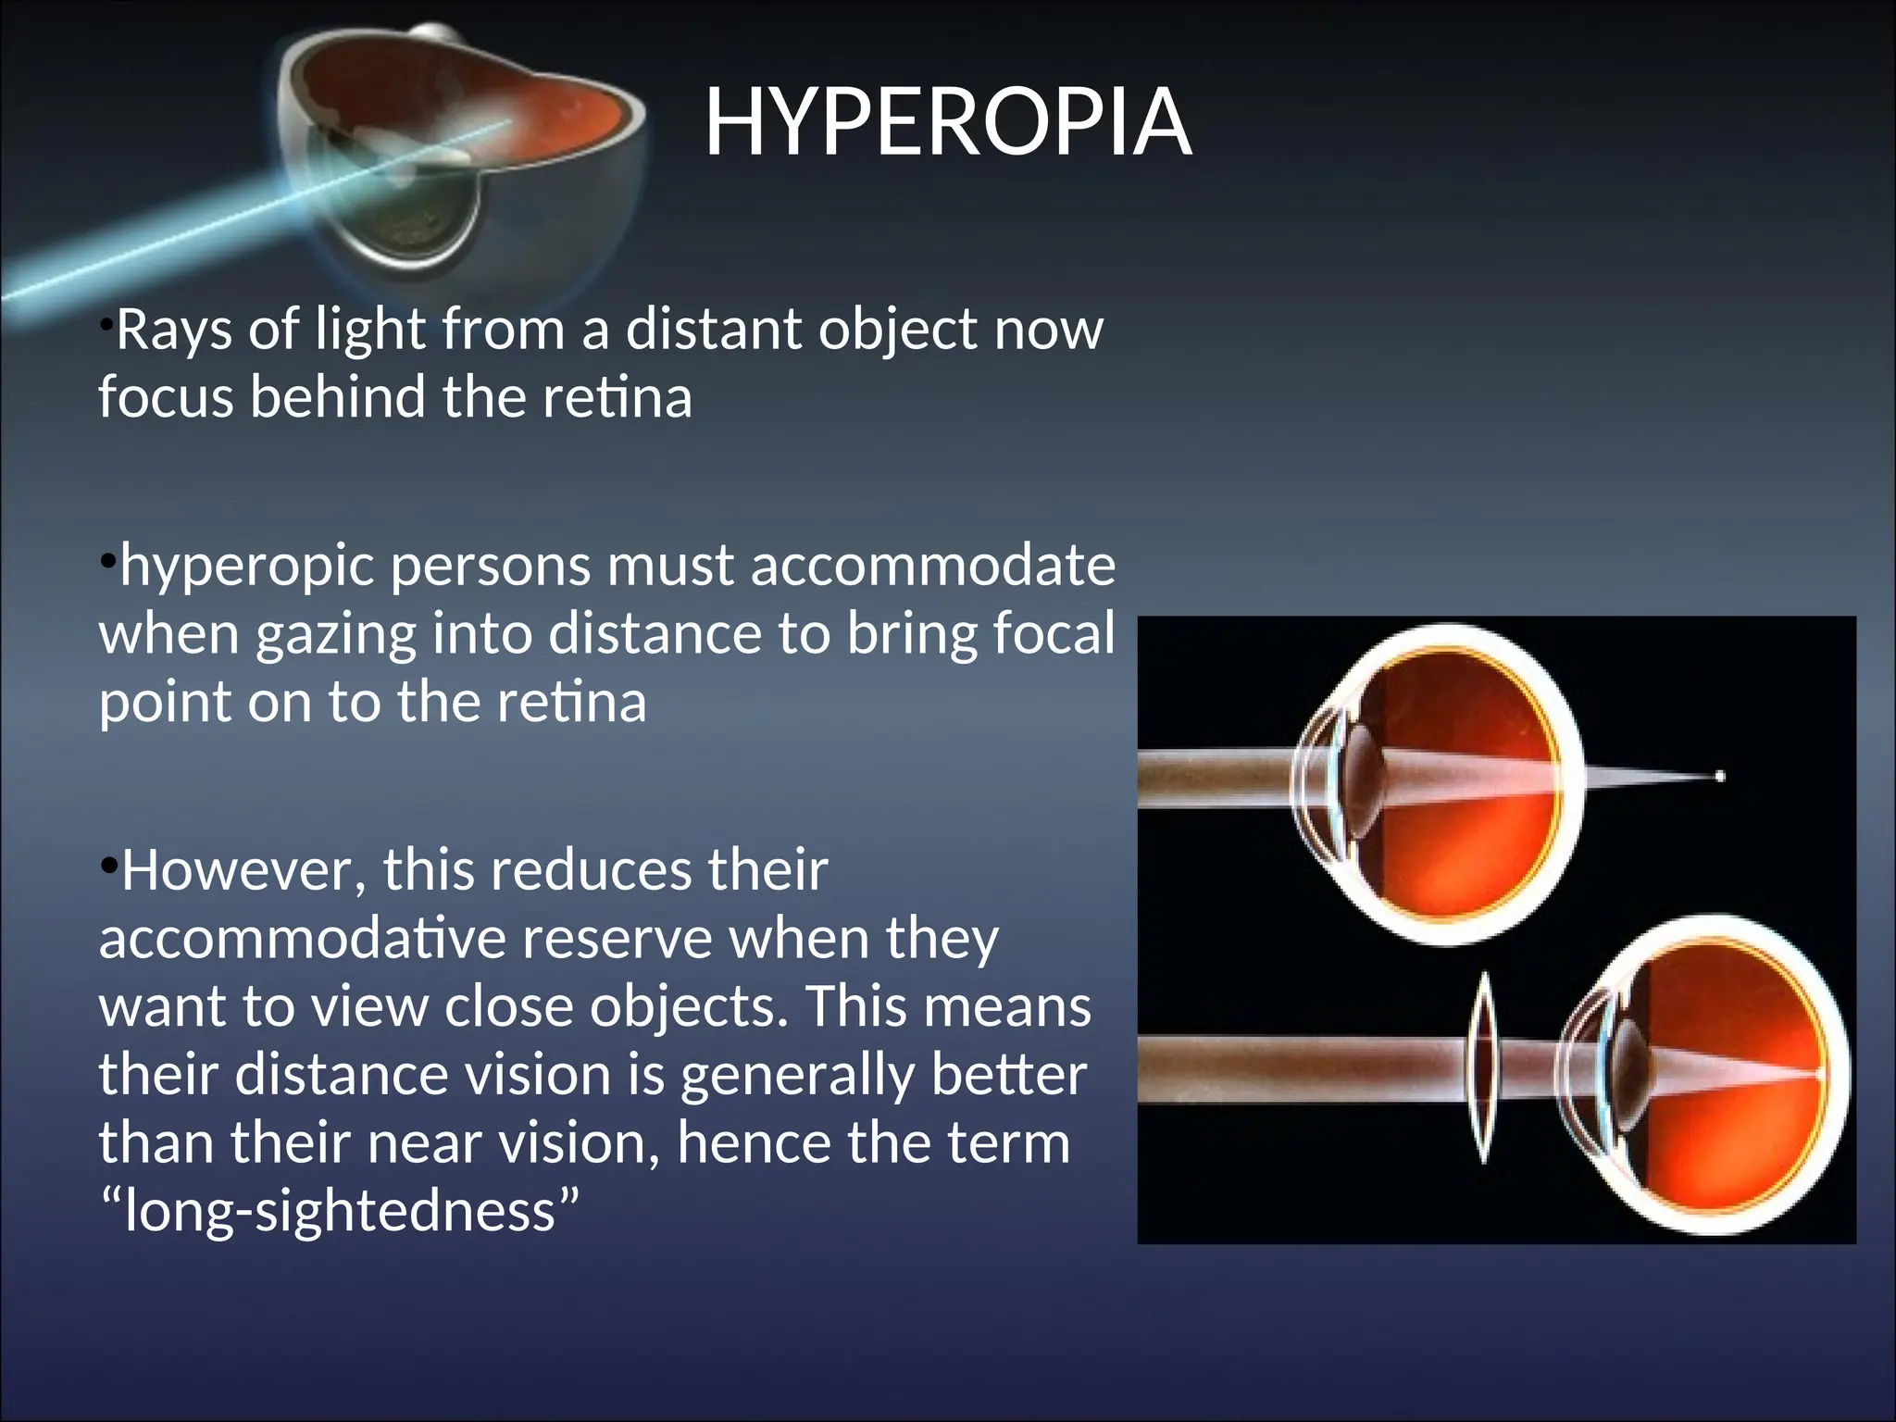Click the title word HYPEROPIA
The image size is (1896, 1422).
click(x=947, y=122)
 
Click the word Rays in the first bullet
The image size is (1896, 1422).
click(x=173, y=330)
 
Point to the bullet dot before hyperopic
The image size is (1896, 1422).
click(x=107, y=561)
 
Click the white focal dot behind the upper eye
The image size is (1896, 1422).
click(x=1719, y=776)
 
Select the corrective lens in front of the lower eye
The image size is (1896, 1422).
click(x=1483, y=1066)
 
